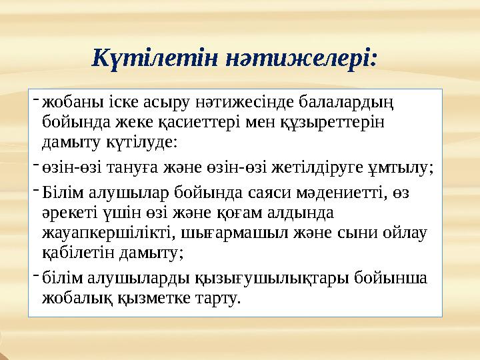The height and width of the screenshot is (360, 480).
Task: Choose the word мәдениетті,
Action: coord(314,193)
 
